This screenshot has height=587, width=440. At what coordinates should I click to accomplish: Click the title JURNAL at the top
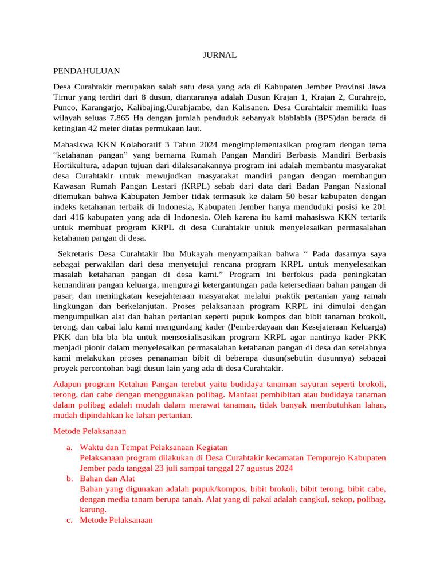click(220, 55)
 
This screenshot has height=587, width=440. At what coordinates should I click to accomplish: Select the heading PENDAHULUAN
click(87, 71)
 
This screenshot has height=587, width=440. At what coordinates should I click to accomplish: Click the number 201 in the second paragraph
click(378, 206)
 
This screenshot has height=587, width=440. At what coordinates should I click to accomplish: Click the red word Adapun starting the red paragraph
click(68, 384)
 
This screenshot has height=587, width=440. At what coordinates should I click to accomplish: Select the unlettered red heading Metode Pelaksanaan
click(90, 431)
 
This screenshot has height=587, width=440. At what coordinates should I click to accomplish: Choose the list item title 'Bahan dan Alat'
click(107, 478)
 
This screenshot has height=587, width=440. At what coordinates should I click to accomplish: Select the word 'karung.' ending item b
click(93, 509)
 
